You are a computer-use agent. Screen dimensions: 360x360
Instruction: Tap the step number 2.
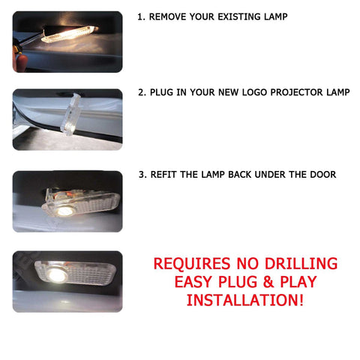142,93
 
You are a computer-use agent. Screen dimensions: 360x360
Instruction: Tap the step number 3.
142,174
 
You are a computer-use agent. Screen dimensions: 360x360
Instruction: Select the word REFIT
167,174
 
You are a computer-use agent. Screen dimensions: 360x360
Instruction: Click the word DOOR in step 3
322,174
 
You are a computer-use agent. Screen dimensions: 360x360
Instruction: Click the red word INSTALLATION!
245,301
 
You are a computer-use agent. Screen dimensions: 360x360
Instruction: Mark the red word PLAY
295,283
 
